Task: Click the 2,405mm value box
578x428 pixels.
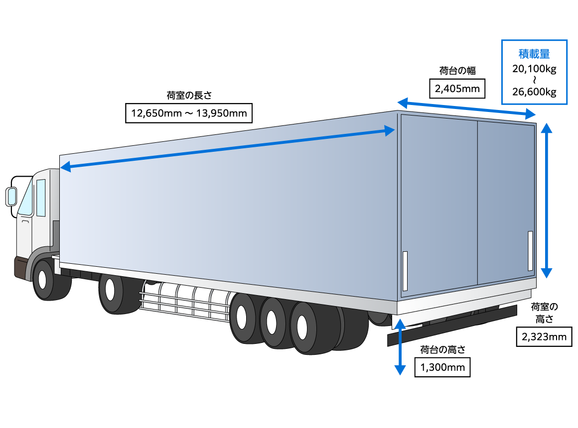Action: pyautogui.click(x=457, y=89)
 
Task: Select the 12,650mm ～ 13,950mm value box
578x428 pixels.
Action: pyautogui.click(x=189, y=112)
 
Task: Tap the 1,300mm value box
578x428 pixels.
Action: pyautogui.click(x=442, y=368)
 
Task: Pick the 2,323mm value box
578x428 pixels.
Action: pyautogui.click(x=544, y=337)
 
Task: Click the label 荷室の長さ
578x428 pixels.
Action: pyautogui.click(x=189, y=95)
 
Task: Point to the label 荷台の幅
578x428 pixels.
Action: pyautogui.click(x=457, y=71)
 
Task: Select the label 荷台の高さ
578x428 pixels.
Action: pyautogui.click(x=442, y=350)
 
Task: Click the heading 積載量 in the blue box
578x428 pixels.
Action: pyautogui.click(x=534, y=54)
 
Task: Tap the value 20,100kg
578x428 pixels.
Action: pyautogui.click(x=534, y=69)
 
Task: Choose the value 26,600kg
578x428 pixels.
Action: pyautogui.click(x=534, y=92)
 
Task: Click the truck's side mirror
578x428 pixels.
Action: pyautogui.click(x=11, y=197)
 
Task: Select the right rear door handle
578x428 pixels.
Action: pyautogui.click(x=530, y=250)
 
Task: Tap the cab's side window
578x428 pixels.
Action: pyautogui.click(x=41, y=198)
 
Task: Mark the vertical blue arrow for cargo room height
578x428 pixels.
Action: pyautogui.click(x=547, y=200)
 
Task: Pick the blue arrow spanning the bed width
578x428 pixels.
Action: pyautogui.click(x=466, y=108)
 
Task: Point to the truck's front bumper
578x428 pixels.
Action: pyautogui.click(x=21, y=267)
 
